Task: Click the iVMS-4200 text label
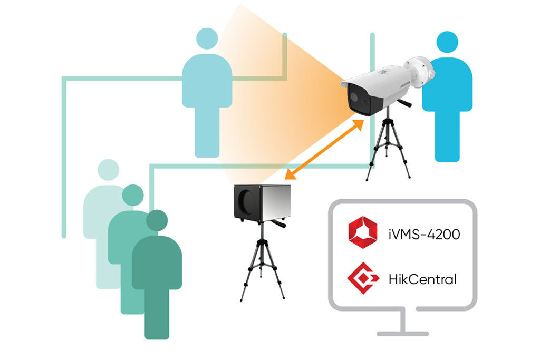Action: pos(424,235)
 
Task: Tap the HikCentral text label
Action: pos(422,279)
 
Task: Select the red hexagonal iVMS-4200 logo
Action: pos(363,232)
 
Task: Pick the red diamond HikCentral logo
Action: pos(363,278)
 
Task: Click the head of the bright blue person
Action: pos(447,42)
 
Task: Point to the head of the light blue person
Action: pos(207,38)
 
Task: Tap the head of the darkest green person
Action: pos(157,220)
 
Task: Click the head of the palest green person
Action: pos(108,170)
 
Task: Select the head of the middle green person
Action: pos(133,195)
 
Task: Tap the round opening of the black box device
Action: pos(247,201)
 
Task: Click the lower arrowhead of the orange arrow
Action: pos(290,175)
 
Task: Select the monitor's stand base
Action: pos(402,334)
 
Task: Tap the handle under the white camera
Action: pos(404,102)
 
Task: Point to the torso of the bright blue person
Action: pos(447,85)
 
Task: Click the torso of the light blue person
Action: pos(207,81)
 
